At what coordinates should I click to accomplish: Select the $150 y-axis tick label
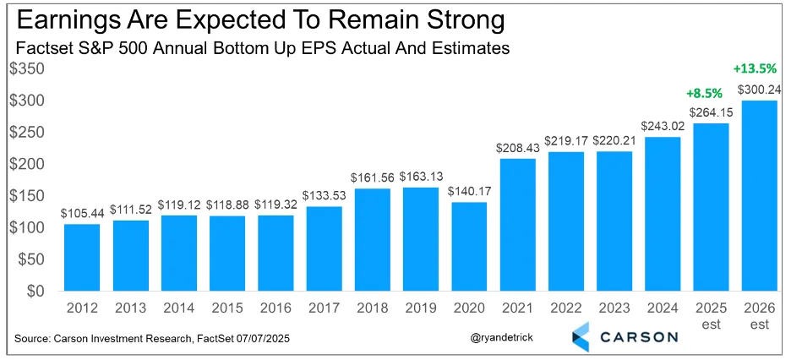point(28,196)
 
